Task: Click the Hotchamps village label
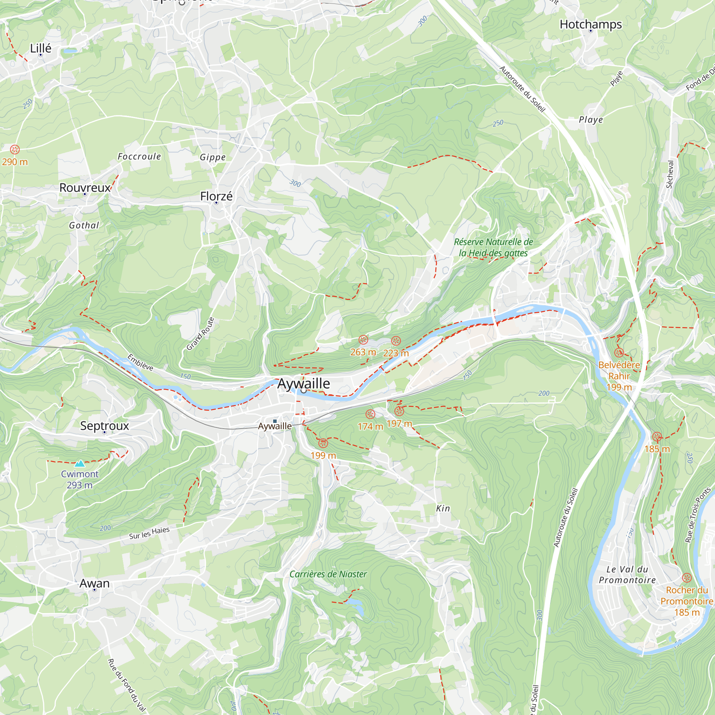click(591, 24)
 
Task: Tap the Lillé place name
click(41, 48)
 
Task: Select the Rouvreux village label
click(85, 188)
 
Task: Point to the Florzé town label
click(216, 196)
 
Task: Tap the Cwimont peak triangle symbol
click(80, 463)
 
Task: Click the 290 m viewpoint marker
click(15, 149)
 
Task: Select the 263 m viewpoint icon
click(364, 340)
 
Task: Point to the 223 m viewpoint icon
click(396, 340)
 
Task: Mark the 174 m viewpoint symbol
click(370, 414)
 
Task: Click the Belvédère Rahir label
click(619, 370)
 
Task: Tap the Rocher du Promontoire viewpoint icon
click(687, 578)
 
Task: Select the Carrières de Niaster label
click(328, 574)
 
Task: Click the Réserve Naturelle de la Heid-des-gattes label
click(493, 247)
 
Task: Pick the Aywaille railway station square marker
click(275, 421)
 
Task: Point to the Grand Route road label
click(200, 334)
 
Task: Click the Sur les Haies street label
click(149, 533)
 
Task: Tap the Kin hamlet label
click(443, 508)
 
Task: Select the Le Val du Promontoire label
click(627, 575)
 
